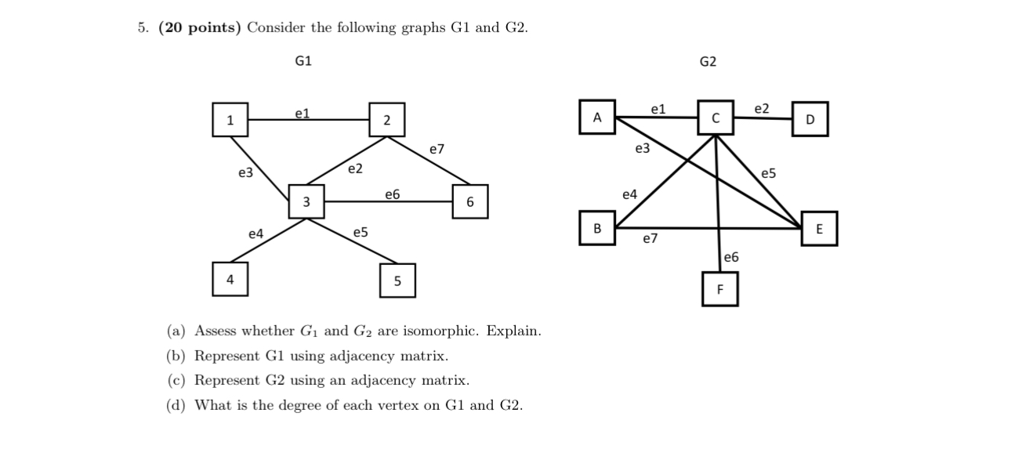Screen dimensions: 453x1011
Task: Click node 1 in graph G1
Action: click(x=230, y=120)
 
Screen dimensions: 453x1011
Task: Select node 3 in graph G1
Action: click(x=306, y=202)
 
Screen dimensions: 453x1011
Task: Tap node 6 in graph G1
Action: click(x=469, y=202)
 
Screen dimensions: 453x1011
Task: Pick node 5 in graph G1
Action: click(x=397, y=281)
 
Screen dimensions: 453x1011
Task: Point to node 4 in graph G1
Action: click(x=230, y=279)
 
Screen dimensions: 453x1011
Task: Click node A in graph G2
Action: click(x=597, y=118)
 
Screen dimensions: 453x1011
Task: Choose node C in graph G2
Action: click(x=716, y=118)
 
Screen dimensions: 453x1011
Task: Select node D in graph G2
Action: click(x=810, y=119)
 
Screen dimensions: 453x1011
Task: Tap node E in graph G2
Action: click(x=819, y=229)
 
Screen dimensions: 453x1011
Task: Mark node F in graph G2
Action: click(x=720, y=290)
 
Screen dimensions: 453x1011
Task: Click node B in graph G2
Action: click(x=597, y=228)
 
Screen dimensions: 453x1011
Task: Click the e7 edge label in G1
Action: click(x=437, y=149)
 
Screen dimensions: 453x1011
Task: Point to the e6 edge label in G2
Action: click(x=731, y=257)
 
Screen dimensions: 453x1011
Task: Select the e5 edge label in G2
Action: click(x=769, y=173)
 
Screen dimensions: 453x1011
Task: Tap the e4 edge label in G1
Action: click(x=255, y=234)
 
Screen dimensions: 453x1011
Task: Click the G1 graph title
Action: click(x=303, y=61)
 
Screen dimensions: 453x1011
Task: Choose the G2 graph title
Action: click(x=708, y=62)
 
